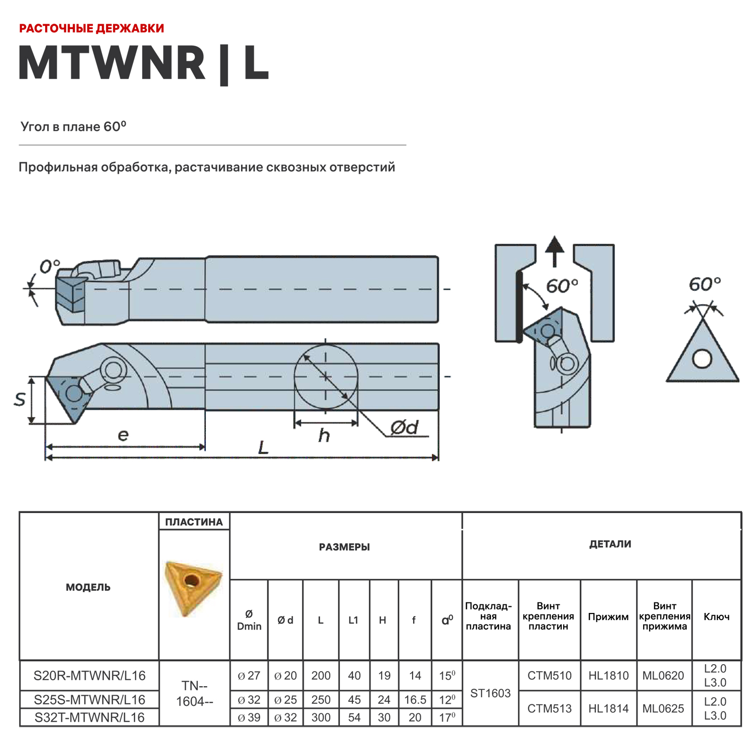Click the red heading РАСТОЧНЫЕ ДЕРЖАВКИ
(x=91, y=28)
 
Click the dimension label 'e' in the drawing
(x=123, y=435)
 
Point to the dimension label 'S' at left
(x=20, y=400)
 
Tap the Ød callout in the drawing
(x=404, y=428)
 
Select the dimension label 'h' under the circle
(x=324, y=435)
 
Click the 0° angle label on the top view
(x=50, y=267)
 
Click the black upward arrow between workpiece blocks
(x=555, y=250)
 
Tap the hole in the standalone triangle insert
(x=702, y=359)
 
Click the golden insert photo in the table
(x=193, y=587)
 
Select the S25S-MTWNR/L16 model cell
(x=89, y=699)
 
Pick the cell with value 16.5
(x=415, y=699)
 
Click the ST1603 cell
(x=490, y=693)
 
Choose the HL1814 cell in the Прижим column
(x=608, y=708)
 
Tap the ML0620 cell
(x=663, y=676)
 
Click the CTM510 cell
(x=549, y=676)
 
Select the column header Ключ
(x=716, y=617)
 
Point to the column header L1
(x=353, y=620)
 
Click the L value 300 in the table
(x=321, y=717)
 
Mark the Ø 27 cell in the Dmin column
(x=249, y=676)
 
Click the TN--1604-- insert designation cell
(x=194, y=693)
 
